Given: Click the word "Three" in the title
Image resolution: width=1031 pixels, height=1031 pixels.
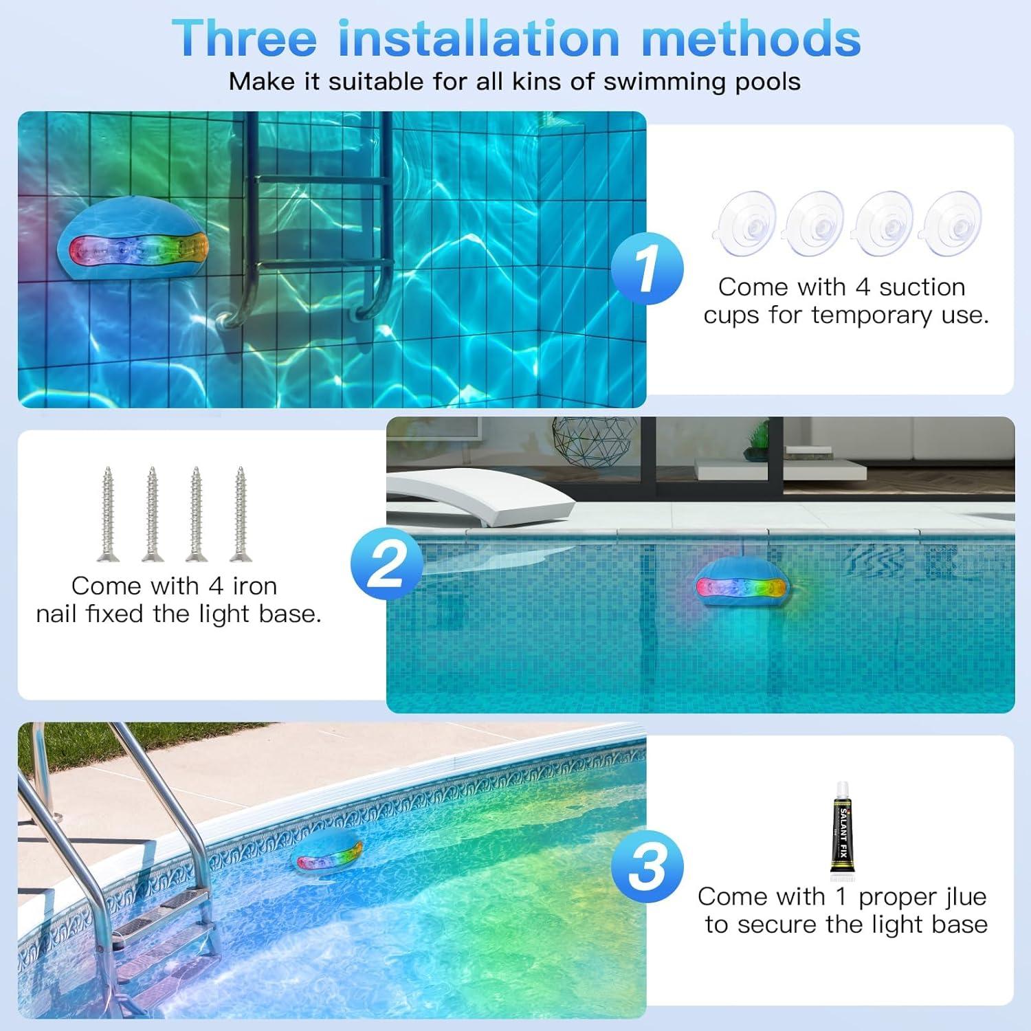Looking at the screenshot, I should pyautogui.click(x=243, y=38).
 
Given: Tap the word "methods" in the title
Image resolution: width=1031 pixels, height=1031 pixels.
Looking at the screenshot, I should pyautogui.click(x=751, y=38).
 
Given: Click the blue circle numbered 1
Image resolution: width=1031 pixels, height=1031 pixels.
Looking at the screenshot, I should pyautogui.click(x=647, y=269).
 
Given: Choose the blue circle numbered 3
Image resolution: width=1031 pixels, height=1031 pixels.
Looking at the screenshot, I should pyautogui.click(x=647, y=866).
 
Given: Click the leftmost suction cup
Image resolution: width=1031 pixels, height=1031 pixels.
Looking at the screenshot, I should pyautogui.click(x=747, y=223).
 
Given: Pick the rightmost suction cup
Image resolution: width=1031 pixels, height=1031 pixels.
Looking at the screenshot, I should pyautogui.click(x=952, y=223).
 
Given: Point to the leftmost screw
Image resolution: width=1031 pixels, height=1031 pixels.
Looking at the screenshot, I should pyautogui.click(x=108, y=513).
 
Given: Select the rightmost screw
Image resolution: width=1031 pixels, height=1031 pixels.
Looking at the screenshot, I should pyautogui.click(x=240, y=513).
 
